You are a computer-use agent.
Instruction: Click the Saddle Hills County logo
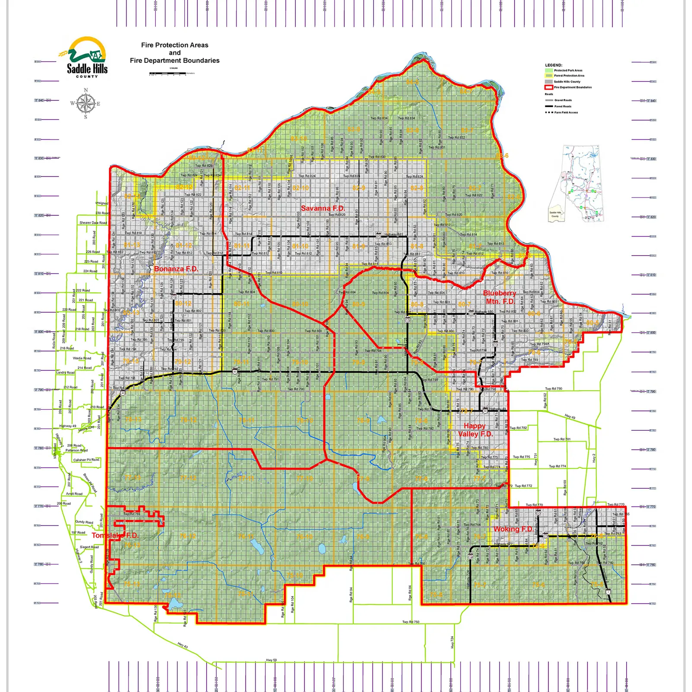point(87,57)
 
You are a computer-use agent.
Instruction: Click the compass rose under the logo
point(86,103)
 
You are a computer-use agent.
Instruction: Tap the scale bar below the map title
point(168,74)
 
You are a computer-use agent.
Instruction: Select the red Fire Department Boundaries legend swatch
point(549,87)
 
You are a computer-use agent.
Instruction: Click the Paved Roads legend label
point(563,106)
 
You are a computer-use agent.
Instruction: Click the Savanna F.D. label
point(323,208)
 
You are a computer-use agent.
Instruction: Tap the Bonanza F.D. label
point(176,269)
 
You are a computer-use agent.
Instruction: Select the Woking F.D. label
point(513,529)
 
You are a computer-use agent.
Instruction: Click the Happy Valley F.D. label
point(475,430)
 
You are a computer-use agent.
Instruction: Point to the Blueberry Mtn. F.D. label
point(500,297)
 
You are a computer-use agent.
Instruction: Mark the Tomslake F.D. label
point(115,535)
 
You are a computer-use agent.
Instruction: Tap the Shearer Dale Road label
point(93,223)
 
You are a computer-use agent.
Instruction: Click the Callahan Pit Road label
point(86,460)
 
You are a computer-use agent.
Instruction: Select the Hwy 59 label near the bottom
point(271,660)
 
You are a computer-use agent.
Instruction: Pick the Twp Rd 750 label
point(410,622)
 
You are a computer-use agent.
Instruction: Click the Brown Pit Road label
point(90,483)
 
